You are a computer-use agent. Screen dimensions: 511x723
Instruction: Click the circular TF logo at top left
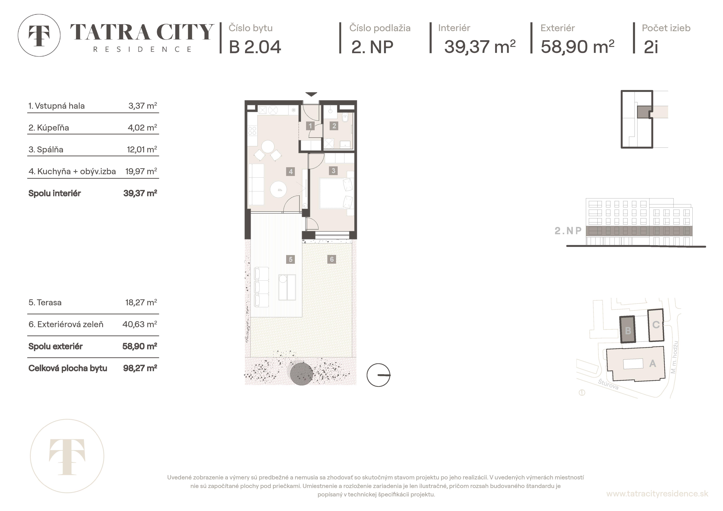point(39,35)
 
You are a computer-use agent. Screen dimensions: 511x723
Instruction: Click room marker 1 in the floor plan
point(310,126)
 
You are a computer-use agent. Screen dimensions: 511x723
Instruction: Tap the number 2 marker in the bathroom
point(334,126)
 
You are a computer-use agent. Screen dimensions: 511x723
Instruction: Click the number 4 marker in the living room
point(291,172)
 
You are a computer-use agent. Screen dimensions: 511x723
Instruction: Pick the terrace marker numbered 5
point(290,259)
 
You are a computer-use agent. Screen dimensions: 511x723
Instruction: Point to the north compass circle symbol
point(378,375)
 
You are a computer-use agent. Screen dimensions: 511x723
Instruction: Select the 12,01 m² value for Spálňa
point(142,150)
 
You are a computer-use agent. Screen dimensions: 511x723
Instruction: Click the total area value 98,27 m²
point(140,368)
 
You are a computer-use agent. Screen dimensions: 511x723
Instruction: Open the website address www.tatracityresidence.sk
point(657,494)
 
